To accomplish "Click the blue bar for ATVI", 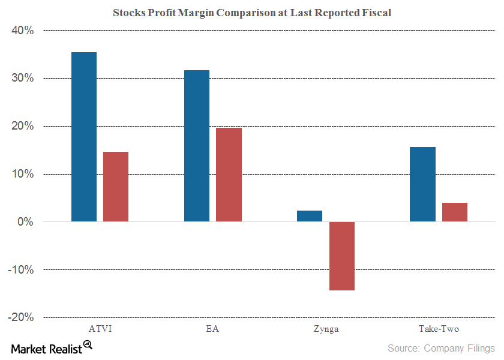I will click(x=84, y=137).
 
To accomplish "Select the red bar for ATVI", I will click(x=116, y=187).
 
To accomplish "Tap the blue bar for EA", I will click(x=197, y=146).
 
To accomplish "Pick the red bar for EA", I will click(x=229, y=175).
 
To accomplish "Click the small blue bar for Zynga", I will click(x=310, y=216).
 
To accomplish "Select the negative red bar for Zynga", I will click(x=341, y=256).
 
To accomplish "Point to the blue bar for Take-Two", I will click(x=422, y=184).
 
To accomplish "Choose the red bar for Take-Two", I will click(x=454, y=212).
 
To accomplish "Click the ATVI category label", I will click(x=100, y=329).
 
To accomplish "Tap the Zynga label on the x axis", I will click(x=325, y=329).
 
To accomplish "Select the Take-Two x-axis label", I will click(x=438, y=329).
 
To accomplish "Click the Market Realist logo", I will click(x=51, y=348).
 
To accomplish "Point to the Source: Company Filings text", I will click(x=441, y=348).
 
